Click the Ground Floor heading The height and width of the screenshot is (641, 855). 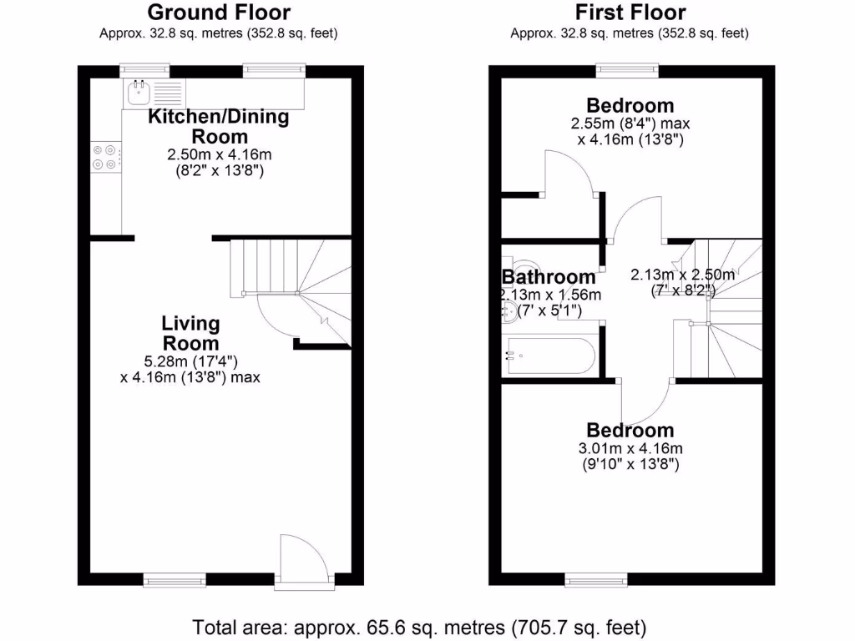point(219,13)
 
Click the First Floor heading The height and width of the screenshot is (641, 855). point(630,13)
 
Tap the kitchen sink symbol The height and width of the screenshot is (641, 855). point(137,92)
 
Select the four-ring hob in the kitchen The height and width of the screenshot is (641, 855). point(105,157)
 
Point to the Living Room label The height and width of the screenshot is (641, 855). point(190,333)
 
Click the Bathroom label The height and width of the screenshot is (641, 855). point(549,276)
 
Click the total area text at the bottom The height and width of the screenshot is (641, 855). point(419,626)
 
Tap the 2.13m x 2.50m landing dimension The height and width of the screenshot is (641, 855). point(682,275)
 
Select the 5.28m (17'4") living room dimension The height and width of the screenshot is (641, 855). point(191,361)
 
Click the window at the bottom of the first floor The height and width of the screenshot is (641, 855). point(595,578)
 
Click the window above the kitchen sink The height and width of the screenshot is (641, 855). point(144,70)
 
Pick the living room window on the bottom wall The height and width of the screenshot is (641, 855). point(175,578)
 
